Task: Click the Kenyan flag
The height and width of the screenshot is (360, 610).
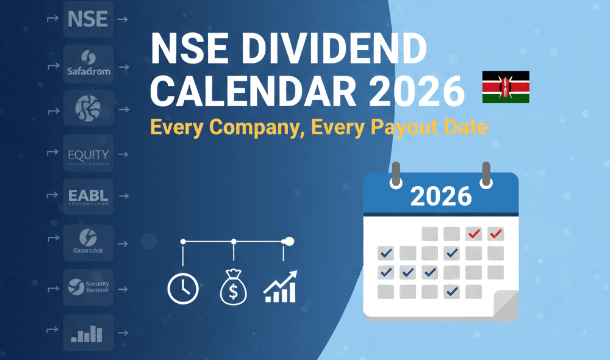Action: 506,87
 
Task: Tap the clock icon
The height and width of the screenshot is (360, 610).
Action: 183,287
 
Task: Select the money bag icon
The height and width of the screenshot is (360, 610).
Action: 233,288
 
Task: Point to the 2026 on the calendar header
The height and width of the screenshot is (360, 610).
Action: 440,196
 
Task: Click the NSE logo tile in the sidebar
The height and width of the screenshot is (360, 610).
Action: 88,20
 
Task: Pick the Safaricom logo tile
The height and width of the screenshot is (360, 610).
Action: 88,64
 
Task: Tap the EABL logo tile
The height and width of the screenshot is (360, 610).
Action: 88,198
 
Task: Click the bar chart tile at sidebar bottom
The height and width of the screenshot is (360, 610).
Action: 88,333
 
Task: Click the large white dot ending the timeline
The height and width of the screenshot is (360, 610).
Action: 289,242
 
